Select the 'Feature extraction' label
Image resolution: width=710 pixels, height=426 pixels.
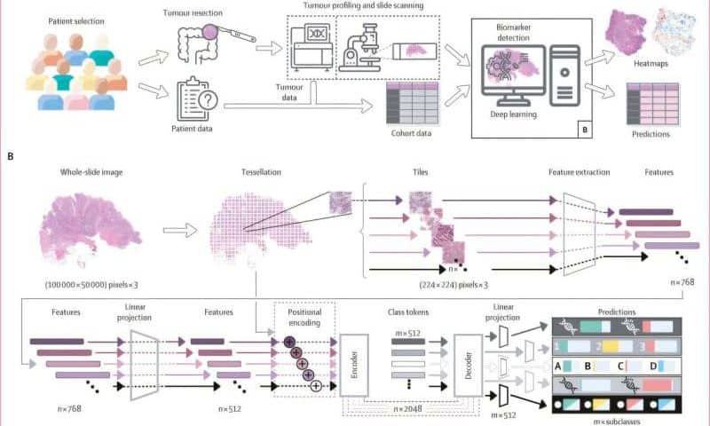coord(580,170)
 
